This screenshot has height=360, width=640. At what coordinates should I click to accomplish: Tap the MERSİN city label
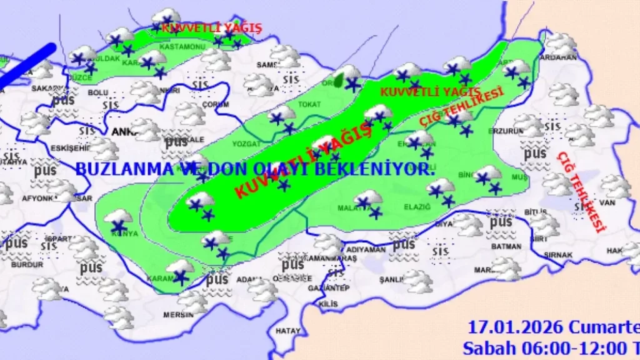pos(177,315)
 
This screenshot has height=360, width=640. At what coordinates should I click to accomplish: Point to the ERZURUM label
pos(505,131)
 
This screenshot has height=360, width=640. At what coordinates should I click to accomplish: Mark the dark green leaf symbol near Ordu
pos(339,79)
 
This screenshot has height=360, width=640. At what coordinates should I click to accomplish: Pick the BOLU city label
pos(98,92)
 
